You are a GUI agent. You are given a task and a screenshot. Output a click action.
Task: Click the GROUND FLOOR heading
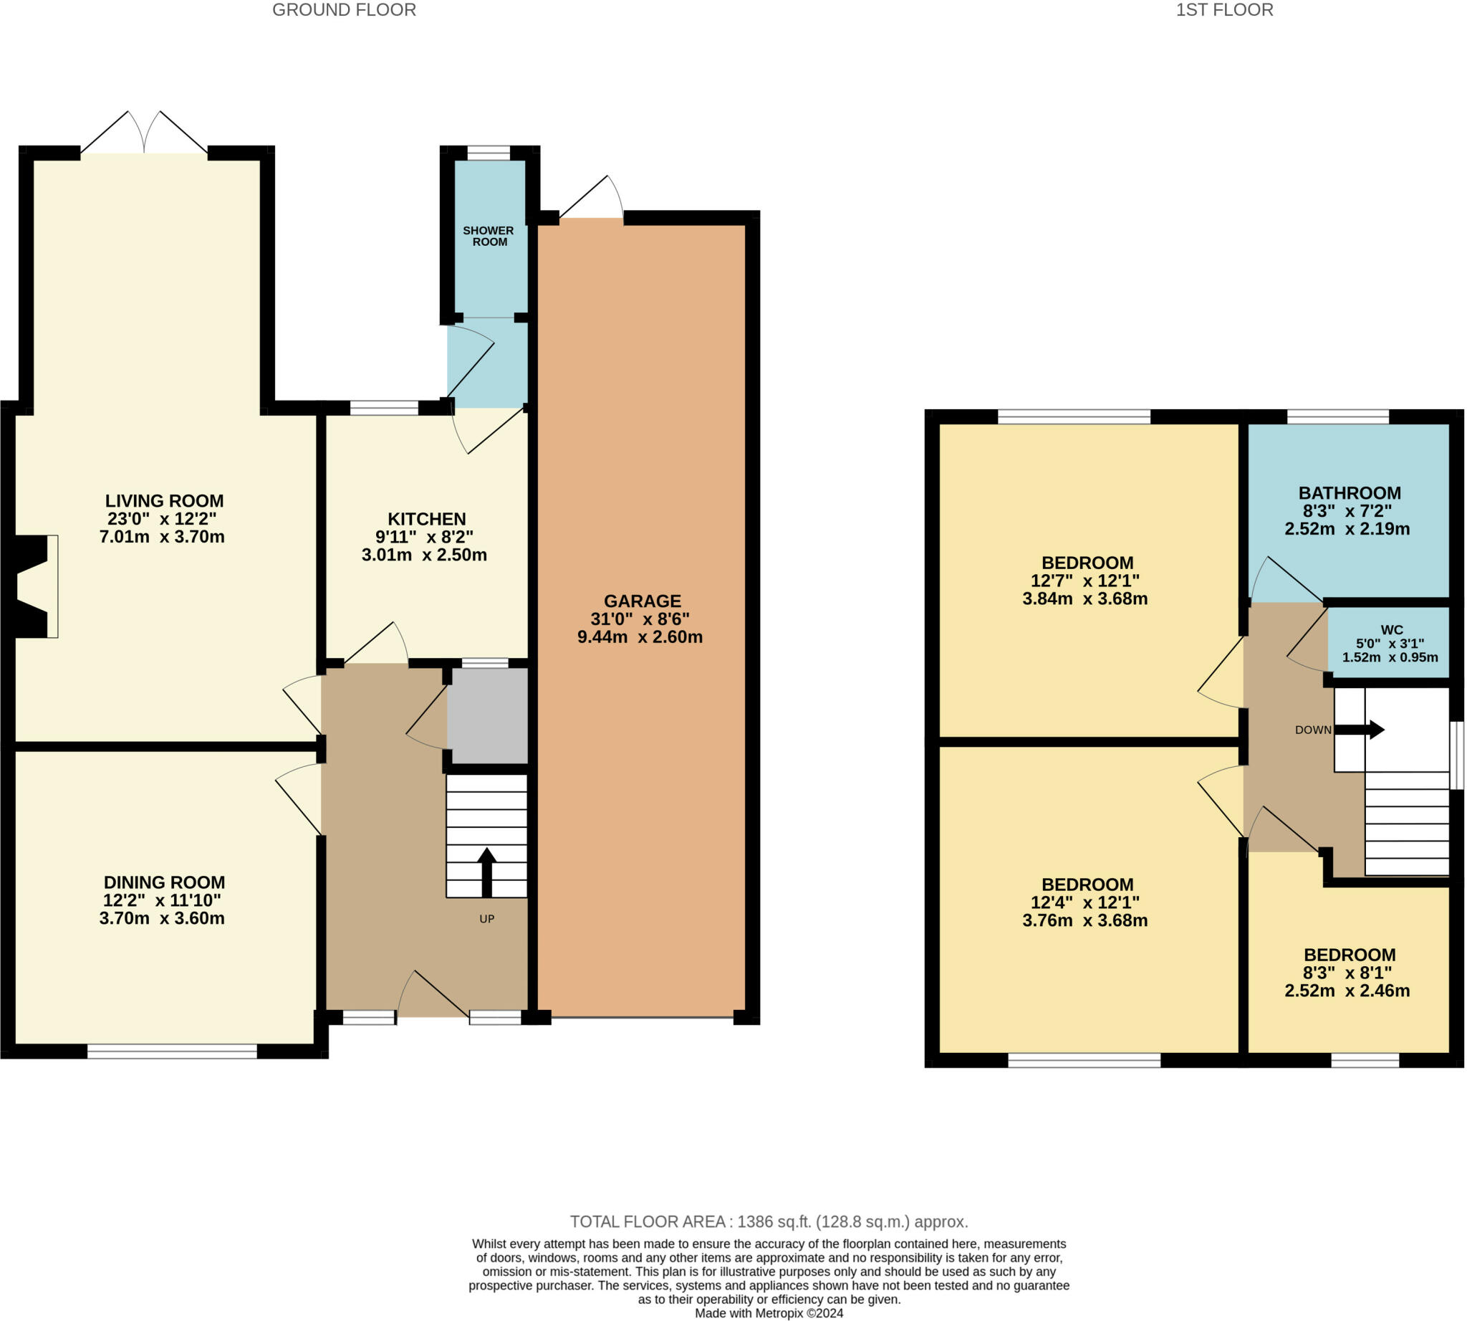pos(344,10)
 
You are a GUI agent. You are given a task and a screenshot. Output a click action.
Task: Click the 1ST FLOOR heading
pos(1224,10)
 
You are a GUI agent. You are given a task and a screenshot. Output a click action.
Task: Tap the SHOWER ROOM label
pos(489,236)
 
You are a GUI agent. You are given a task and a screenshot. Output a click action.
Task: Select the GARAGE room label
pos(642,601)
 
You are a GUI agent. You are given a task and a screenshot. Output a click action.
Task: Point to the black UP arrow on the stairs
pos(486,872)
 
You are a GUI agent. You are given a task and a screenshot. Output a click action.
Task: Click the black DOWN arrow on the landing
pos(1359,730)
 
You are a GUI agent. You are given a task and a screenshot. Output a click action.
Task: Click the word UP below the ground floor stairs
pos(486,919)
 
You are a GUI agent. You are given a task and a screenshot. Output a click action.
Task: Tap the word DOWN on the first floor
pos(1312,730)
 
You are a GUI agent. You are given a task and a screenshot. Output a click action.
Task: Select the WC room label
pos(1391,630)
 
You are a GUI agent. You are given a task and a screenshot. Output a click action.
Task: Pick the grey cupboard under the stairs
pos(487,715)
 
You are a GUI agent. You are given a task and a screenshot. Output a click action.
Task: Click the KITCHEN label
pos(426,519)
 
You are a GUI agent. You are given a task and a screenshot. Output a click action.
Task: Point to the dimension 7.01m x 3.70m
pos(162,537)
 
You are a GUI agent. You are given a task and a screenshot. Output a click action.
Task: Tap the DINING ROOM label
pos(164,882)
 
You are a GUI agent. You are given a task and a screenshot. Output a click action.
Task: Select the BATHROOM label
pos(1349,493)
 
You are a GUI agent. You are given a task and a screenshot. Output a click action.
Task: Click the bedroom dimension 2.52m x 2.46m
pos(1347,991)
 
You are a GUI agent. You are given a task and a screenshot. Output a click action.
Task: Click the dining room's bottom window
pos(172,1051)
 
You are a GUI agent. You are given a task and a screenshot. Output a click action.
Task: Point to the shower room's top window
pos(489,153)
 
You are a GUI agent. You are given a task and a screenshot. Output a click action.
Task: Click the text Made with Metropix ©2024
pos(769,1313)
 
